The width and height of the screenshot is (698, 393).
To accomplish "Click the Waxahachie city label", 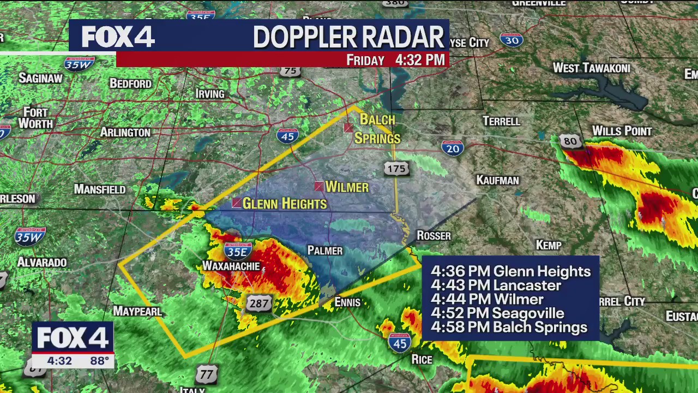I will [x=231, y=266].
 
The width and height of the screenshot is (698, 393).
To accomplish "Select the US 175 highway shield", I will [x=396, y=169].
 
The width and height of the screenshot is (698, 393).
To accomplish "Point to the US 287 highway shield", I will [x=258, y=303].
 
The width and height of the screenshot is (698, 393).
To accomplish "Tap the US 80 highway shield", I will [x=570, y=141].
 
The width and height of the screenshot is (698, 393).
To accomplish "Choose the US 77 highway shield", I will [x=207, y=374].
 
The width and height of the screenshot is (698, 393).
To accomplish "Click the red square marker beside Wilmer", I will [x=319, y=187].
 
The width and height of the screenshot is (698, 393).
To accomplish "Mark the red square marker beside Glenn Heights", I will [x=237, y=203].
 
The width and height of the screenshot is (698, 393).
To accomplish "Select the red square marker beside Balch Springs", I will [x=348, y=128].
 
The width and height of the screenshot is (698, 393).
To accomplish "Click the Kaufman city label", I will [x=497, y=181].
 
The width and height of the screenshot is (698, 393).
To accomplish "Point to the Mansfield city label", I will [x=100, y=189].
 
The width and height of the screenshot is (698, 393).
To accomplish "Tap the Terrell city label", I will [x=501, y=121].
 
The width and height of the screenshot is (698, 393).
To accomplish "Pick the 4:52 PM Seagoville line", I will [x=497, y=313].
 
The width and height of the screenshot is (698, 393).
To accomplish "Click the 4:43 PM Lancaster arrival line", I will [x=496, y=285].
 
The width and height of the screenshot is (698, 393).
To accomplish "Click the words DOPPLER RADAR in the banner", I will [x=348, y=37].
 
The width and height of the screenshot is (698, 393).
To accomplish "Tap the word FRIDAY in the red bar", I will [x=365, y=61].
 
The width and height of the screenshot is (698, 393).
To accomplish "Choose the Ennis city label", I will [x=347, y=302].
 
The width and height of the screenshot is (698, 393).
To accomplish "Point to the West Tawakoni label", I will [x=592, y=68].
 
